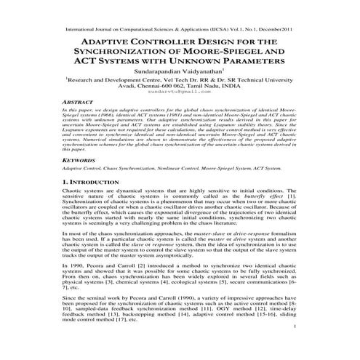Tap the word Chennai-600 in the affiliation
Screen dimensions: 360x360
pos(153,95)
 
